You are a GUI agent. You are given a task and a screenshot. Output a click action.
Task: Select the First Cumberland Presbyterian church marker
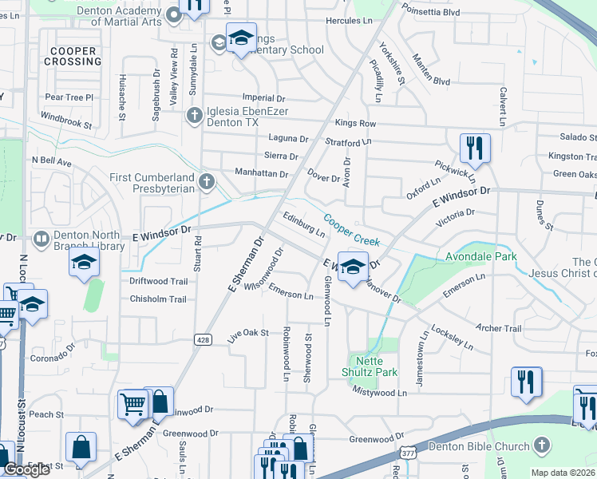click(x=207, y=182)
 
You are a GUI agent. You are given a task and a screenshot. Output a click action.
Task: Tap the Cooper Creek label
click(x=350, y=228)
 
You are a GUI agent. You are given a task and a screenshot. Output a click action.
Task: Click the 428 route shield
click(x=203, y=340)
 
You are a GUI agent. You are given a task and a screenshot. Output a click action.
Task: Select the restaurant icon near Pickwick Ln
click(x=475, y=148)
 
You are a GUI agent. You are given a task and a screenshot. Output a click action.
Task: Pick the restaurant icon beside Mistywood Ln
click(x=526, y=381)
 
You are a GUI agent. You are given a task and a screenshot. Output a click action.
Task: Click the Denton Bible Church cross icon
click(x=543, y=445)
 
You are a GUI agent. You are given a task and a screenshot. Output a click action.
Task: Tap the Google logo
click(x=26, y=469)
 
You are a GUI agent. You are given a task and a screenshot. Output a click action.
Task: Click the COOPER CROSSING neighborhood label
click(x=72, y=56)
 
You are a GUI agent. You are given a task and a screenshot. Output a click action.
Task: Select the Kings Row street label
click(x=355, y=123)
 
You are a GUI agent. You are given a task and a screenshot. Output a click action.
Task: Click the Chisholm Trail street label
click(x=157, y=299)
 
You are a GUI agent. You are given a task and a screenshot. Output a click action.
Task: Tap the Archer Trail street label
click(x=498, y=328)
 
